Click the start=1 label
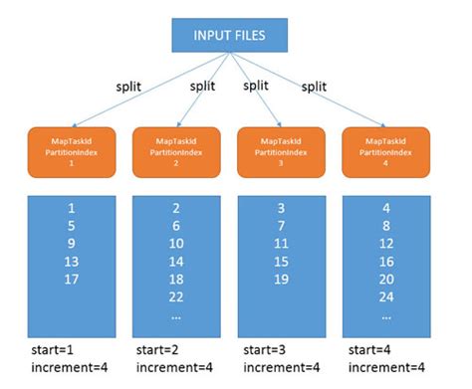click(x=55, y=351)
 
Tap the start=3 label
click(x=264, y=351)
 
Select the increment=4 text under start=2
click(x=177, y=369)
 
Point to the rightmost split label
click(x=315, y=87)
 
